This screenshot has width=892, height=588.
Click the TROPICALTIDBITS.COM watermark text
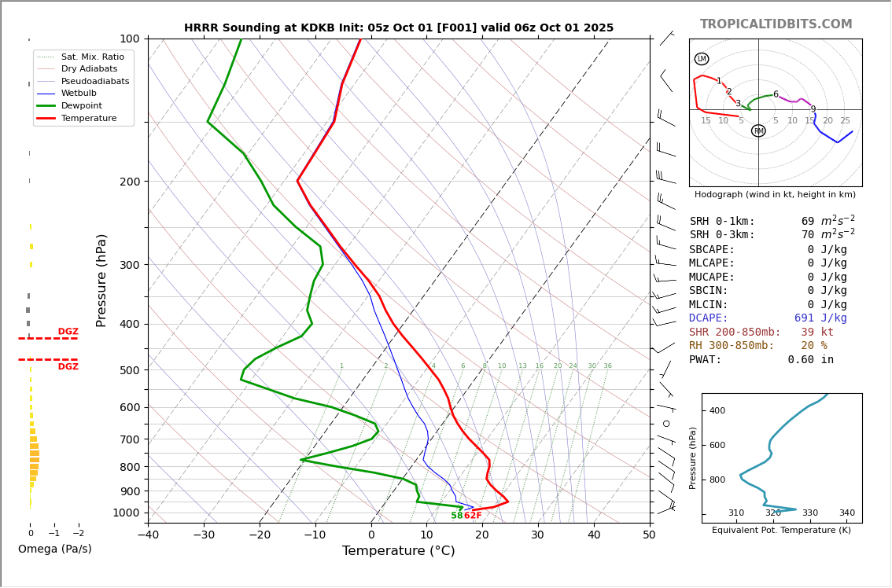pyautogui.click(x=776, y=24)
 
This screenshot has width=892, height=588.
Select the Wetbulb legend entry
pyautogui.click(x=79, y=93)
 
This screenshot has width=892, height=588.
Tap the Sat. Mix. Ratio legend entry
pyautogui.click(x=92, y=57)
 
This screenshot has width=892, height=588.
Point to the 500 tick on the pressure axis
pyautogui.click(x=130, y=370)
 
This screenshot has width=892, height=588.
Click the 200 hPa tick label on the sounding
pyautogui.click(x=130, y=182)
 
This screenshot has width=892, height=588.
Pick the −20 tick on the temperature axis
pyautogui.click(x=260, y=535)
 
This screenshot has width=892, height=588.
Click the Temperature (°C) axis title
pyautogui.click(x=398, y=551)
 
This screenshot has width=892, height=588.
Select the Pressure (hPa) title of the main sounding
pyautogui.click(x=101, y=280)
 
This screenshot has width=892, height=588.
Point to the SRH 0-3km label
pyautogui.click(x=721, y=235)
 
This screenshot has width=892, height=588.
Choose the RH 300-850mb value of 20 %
pyautogui.click(x=814, y=346)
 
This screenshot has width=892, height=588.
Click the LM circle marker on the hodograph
pyautogui.click(x=702, y=59)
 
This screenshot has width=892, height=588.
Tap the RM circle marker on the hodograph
pyautogui.click(x=758, y=131)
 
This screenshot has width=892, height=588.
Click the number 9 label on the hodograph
pyautogui.click(x=813, y=110)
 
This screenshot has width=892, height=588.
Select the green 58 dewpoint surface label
pyautogui.click(x=457, y=516)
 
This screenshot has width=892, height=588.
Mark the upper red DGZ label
pyautogui.click(x=68, y=332)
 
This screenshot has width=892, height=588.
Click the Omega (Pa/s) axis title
pyautogui.click(x=55, y=549)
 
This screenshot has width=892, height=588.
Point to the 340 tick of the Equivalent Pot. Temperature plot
pyautogui.click(x=846, y=513)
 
